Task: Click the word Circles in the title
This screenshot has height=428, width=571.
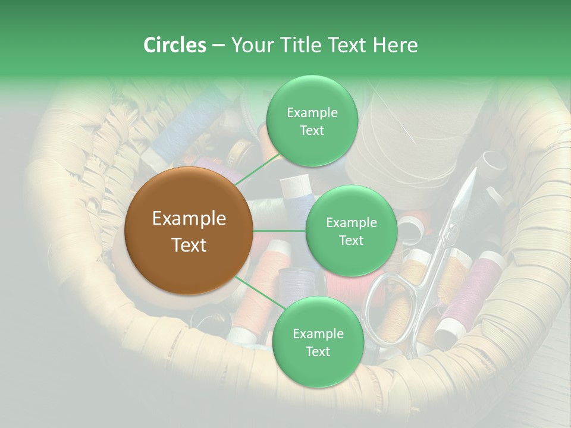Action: point(175,45)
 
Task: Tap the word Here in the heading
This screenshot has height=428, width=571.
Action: point(395,45)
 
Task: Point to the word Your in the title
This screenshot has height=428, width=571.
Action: point(249,45)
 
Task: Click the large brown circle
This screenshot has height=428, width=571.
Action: point(189,231)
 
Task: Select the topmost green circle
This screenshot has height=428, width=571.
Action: point(311,121)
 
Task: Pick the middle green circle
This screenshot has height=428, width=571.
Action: point(351,231)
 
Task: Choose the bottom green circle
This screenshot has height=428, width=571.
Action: point(318,342)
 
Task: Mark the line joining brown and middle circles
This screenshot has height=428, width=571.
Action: point(280,231)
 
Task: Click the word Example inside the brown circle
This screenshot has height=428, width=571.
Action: point(189,219)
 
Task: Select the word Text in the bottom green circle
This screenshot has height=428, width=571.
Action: point(318,351)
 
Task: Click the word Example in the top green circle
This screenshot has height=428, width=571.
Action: point(312,112)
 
